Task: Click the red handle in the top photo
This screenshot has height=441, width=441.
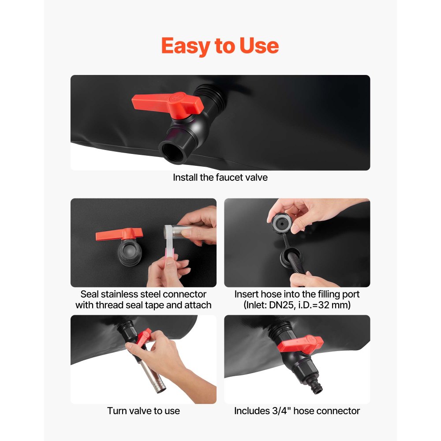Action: point(168,103)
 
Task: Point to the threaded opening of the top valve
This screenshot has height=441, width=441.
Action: point(173,153)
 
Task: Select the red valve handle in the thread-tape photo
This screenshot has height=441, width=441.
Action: point(119,234)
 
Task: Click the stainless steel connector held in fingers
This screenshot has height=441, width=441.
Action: point(176,232)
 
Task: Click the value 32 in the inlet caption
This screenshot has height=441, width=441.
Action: point(324,305)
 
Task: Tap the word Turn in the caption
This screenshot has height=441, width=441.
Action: point(116,411)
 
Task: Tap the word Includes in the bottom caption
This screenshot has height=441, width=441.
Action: point(252,411)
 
